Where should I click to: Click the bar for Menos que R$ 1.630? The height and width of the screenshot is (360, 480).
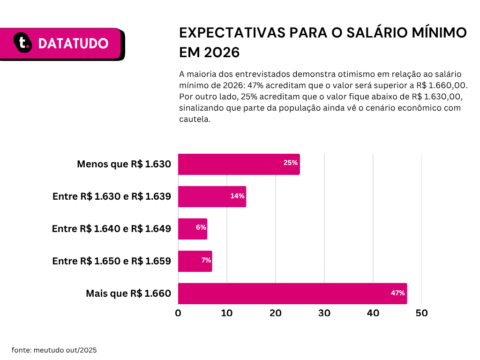[x=239, y=164]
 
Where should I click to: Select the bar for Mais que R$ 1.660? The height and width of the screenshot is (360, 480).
[x=292, y=293]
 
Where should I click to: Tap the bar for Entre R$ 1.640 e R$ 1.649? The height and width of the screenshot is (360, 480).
[x=192, y=229]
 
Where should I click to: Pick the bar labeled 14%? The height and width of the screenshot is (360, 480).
[x=212, y=196]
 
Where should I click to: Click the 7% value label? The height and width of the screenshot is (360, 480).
[x=206, y=260]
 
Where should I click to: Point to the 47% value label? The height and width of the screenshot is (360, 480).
[x=397, y=293]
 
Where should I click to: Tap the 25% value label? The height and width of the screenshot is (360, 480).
[x=290, y=163]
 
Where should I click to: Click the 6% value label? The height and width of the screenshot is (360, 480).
[x=201, y=227]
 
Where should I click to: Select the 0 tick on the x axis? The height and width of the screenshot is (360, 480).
[x=178, y=313]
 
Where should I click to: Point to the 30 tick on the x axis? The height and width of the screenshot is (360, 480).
[x=324, y=313]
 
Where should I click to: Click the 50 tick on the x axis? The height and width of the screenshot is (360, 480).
[x=422, y=313]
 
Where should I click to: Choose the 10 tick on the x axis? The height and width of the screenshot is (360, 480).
[x=227, y=313]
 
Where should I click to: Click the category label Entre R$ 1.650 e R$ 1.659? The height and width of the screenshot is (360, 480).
[x=112, y=261]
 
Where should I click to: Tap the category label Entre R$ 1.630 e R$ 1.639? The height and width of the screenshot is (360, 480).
[x=112, y=196]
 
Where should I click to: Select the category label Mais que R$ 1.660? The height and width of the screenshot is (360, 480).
[x=128, y=293]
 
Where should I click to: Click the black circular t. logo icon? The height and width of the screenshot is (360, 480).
[x=22, y=43]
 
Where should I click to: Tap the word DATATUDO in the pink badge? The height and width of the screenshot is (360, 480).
[x=73, y=44]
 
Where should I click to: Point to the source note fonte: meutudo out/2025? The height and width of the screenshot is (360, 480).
[x=54, y=350]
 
